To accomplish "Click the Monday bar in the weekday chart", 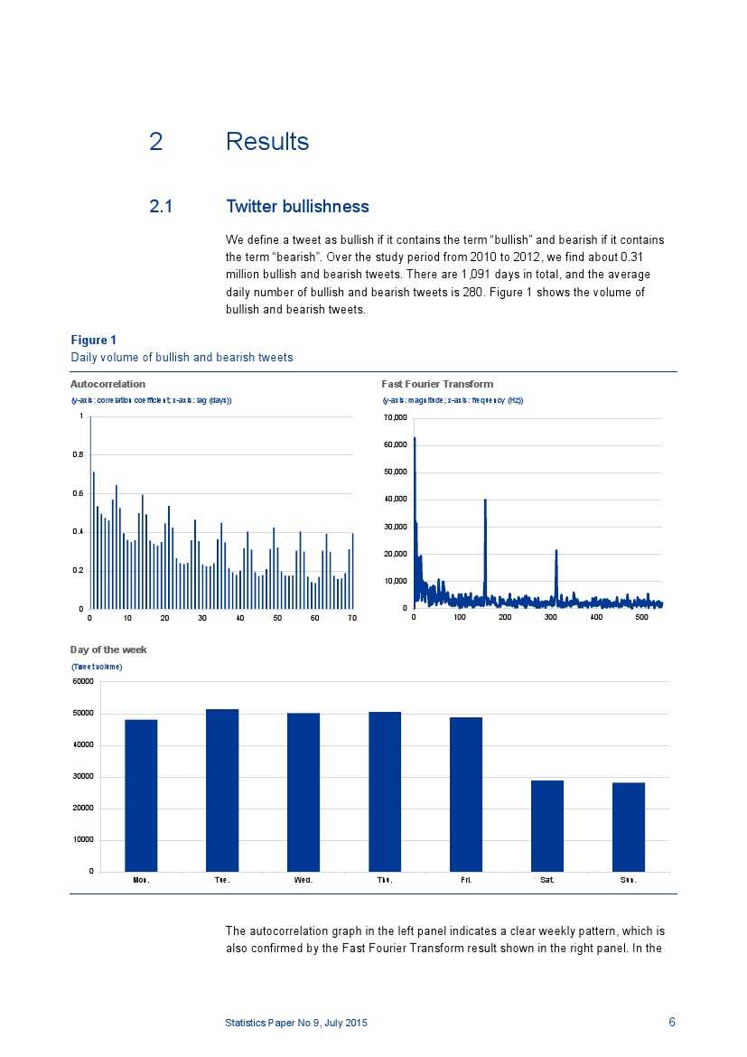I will tap(141, 795).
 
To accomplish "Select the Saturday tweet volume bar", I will tap(547, 826).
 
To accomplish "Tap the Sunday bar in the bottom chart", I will tap(629, 827).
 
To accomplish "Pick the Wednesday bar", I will tap(303, 792).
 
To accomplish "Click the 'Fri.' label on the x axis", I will tap(466, 880).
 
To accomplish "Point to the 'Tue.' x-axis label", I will tap(222, 880).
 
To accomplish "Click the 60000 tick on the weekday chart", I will tap(83, 681).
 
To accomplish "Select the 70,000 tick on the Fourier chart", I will tap(397, 417).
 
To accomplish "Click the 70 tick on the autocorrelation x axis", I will tap(352, 618).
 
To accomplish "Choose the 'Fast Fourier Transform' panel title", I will tap(437, 384).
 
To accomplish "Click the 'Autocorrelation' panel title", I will tap(107, 384).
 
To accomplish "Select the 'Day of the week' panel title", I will tap(108, 650).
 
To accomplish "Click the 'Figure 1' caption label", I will tap(94, 340).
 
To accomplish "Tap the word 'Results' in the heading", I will tap(267, 142).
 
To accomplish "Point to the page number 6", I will tap(671, 1022).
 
